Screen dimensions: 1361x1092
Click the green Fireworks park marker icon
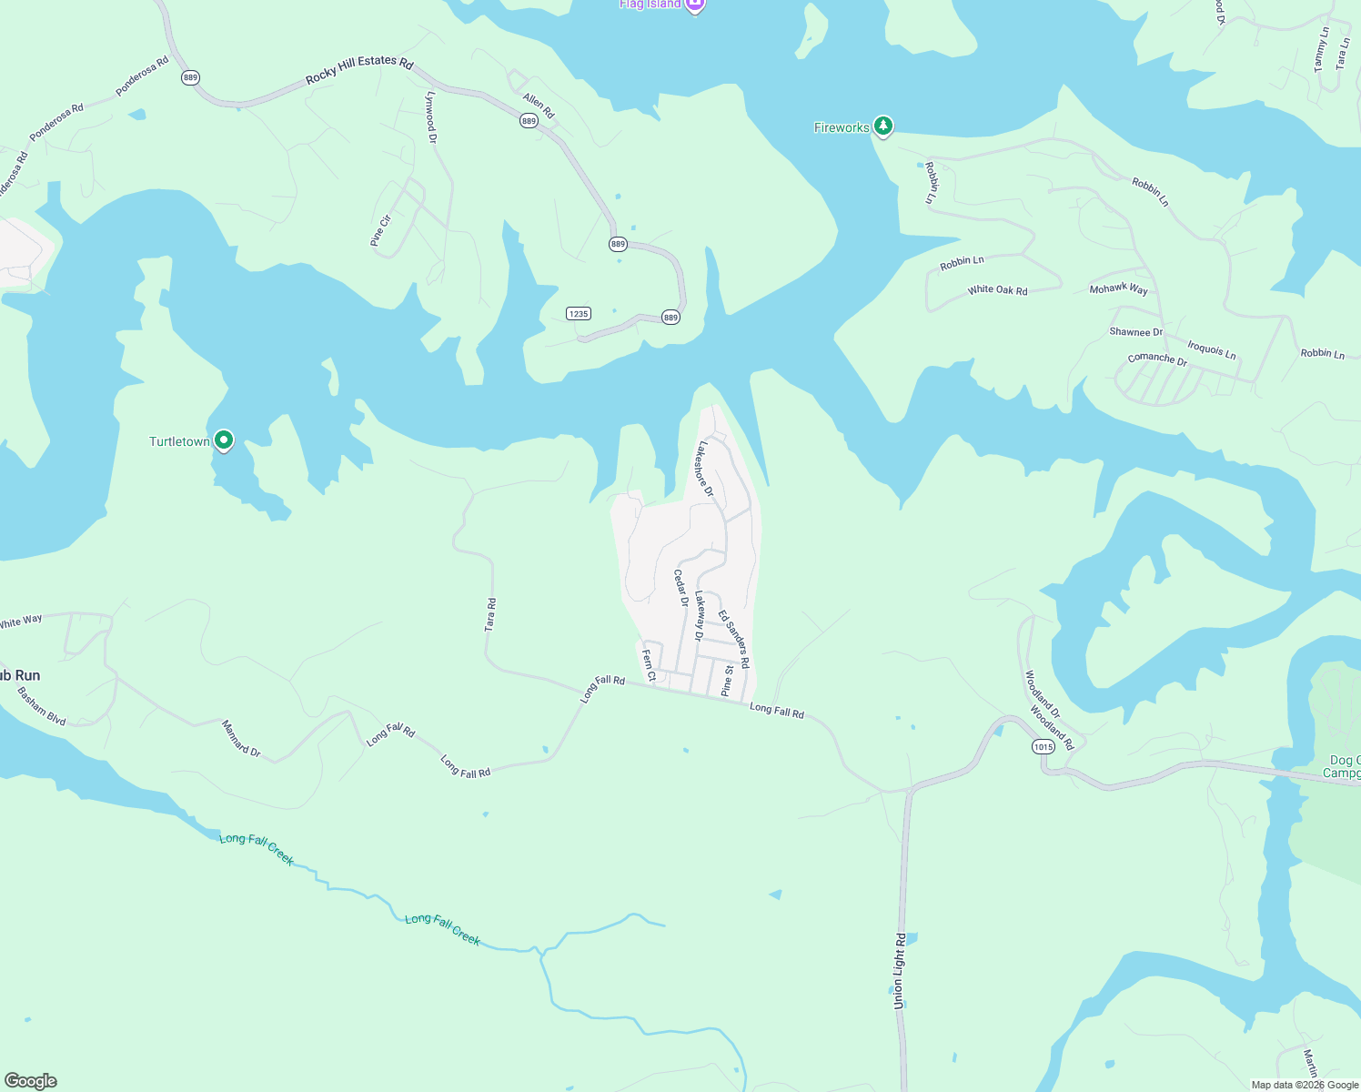[882, 126]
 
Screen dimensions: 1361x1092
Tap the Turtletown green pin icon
[223, 440]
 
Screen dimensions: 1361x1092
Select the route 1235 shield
[579, 314]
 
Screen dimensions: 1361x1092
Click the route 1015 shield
[1043, 747]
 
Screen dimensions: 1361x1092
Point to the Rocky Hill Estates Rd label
[359, 69]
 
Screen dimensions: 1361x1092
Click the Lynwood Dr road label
[431, 117]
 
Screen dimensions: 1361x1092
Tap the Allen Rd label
[539, 106]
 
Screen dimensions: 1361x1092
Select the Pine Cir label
[380, 230]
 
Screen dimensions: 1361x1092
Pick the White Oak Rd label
[997, 290]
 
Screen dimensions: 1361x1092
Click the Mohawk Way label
[1118, 289]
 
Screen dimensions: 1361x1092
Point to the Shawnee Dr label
[1135, 332]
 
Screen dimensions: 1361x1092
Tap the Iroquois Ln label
[1212, 349]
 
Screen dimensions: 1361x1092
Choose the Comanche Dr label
[1157, 359]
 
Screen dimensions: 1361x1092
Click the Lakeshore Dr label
[704, 469]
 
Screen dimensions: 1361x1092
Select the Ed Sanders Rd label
[733, 639]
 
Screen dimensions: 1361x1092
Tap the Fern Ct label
[649, 665]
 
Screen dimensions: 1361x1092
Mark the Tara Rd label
[490, 615]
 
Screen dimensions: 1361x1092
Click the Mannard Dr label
[241, 738]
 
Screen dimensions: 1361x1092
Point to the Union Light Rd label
[899, 970]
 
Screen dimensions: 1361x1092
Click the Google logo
[31, 1081]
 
